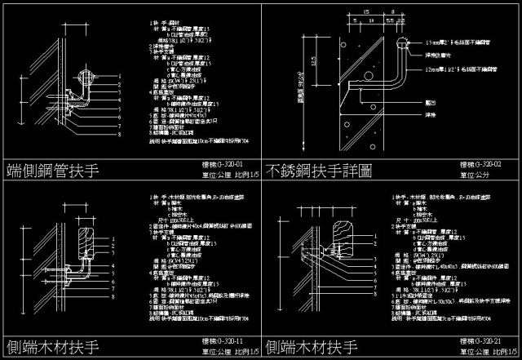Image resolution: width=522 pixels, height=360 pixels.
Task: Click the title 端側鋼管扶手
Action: (52, 171)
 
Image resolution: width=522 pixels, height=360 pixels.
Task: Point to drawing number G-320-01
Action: (221, 164)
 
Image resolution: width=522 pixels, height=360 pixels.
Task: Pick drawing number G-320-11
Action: (221, 340)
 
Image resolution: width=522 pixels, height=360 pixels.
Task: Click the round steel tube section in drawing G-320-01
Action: (83, 79)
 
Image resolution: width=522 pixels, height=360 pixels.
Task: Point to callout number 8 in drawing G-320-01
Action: (119, 135)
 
